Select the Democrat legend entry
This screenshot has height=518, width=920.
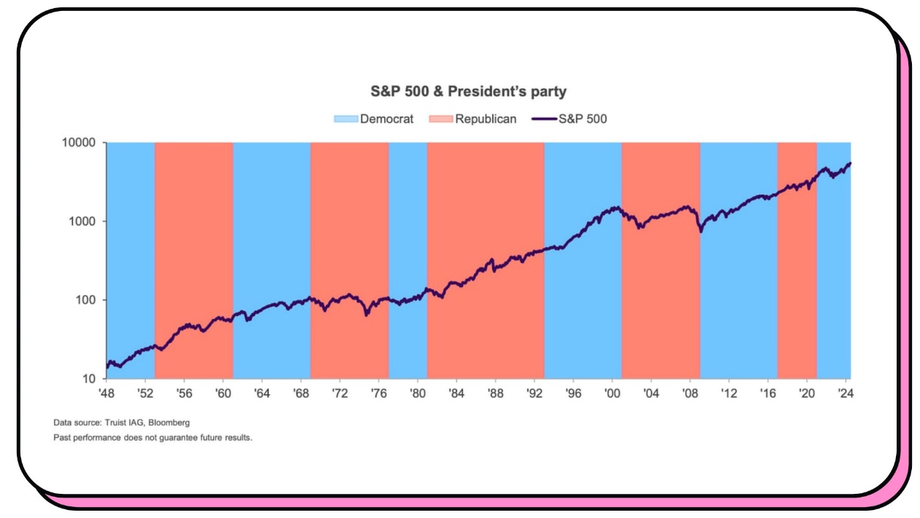(x=374, y=118)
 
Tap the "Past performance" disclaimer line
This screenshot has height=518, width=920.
(x=152, y=438)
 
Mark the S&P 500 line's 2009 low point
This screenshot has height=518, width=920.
(x=701, y=232)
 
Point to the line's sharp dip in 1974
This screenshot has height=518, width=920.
(x=366, y=314)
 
